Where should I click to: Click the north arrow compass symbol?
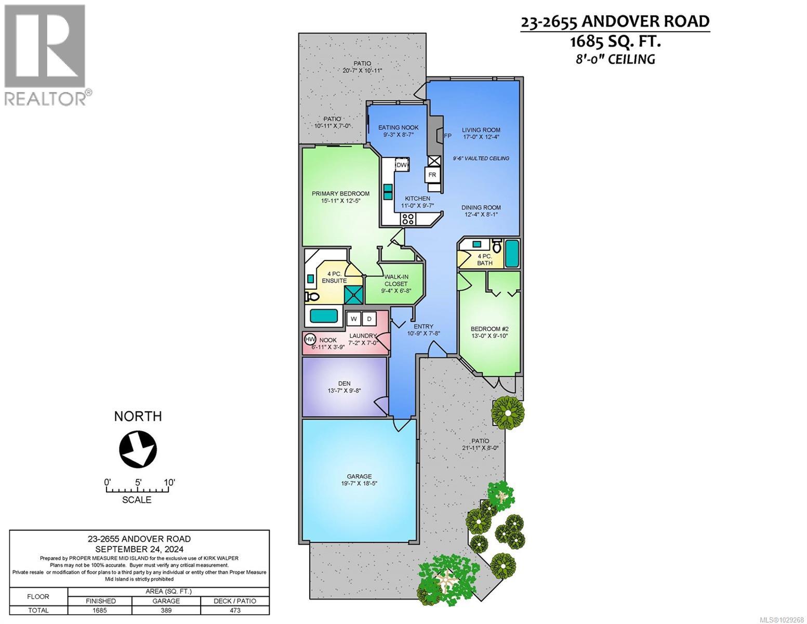click(x=138, y=448)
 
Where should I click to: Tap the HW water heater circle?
click(x=310, y=339)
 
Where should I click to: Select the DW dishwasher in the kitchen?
click(x=402, y=164)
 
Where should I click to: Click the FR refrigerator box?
click(x=432, y=175)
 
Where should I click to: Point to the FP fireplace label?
click(x=447, y=136)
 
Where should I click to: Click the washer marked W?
click(x=354, y=319)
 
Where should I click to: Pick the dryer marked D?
click(x=369, y=319)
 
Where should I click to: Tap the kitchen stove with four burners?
click(x=407, y=219)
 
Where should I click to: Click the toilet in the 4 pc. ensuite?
click(x=312, y=297)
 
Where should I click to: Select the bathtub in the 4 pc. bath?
click(x=512, y=253)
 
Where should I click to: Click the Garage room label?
click(x=359, y=476)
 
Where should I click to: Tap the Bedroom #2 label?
click(x=489, y=329)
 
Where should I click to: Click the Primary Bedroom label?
click(x=340, y=193)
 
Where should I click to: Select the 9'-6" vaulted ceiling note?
click(x=481, y=158)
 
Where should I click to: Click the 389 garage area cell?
click(x=166, y=610)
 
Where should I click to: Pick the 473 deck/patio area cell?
click(x=235, y=610)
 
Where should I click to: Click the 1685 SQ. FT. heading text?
click(x=615, y=41)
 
